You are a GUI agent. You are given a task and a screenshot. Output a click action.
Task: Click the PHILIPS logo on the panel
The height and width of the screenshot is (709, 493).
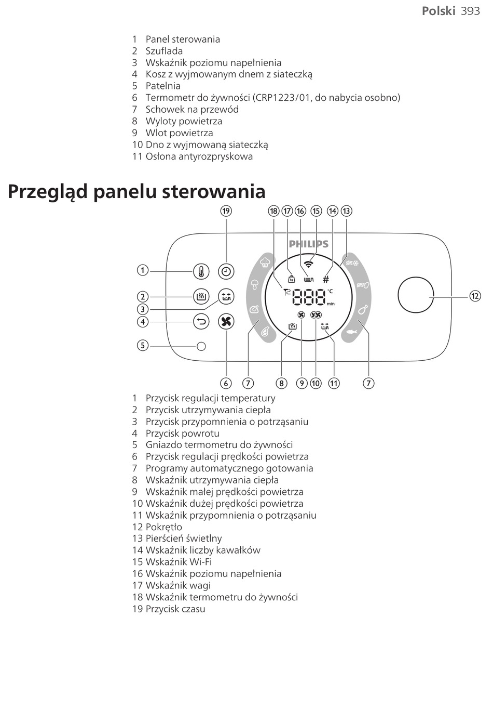309,244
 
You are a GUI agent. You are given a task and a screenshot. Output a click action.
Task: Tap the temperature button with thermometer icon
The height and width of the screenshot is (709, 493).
201,271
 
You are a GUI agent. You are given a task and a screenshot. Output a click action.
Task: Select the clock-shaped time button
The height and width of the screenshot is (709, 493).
226,271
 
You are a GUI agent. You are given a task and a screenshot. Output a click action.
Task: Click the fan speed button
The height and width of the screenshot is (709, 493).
226,322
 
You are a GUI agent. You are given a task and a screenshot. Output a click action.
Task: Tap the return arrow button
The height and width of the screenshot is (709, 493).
201,322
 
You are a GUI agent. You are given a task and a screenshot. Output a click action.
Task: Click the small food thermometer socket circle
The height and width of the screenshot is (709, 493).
201,346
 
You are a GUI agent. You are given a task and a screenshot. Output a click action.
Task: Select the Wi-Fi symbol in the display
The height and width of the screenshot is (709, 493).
309,263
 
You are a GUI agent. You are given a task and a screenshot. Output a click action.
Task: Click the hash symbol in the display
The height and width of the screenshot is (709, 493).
326,279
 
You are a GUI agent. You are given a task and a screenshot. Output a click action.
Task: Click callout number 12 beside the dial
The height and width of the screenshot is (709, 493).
475,296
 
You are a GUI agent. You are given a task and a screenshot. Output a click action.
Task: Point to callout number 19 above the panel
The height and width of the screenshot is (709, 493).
226,211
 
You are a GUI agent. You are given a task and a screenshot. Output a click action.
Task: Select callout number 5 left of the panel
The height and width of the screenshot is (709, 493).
143,345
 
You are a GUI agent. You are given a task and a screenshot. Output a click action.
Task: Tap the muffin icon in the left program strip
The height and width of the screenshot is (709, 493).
265,261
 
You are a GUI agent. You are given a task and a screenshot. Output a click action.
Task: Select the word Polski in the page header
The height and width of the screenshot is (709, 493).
438,11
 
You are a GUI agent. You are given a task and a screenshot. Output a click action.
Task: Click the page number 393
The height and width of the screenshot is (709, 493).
470,11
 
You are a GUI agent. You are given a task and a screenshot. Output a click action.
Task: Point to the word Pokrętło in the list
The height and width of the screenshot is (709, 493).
164,527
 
